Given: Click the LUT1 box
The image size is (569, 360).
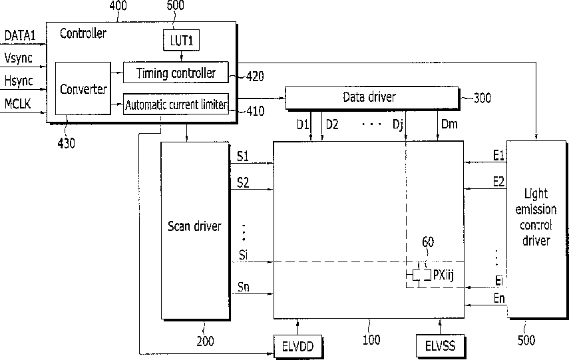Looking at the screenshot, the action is [182, 40].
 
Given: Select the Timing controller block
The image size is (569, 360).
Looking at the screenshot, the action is [176, 73].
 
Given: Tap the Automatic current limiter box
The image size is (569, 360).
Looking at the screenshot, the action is [176, 104].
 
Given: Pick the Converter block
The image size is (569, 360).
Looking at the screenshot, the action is [83, 89].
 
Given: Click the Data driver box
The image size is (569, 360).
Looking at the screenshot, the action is [372, 97].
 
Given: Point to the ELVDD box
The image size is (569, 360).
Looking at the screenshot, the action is [298, 346].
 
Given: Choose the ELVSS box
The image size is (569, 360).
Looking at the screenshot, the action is [440, 345].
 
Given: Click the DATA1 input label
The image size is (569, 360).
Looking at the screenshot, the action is [20, 35].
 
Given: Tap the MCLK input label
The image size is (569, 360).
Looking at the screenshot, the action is [18, 104].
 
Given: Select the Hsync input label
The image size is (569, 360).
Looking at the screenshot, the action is [19, 81].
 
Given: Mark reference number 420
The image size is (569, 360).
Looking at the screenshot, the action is [255, 77].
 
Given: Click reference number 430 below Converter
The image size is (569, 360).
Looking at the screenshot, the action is [66, 143].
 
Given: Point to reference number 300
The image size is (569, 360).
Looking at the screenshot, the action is [482, 98].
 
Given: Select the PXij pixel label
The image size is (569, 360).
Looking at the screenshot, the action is [443, 275].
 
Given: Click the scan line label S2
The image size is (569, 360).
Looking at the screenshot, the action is [243, 182].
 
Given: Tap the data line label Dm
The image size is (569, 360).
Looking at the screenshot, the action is [449, 124].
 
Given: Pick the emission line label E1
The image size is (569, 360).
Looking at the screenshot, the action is [498, 156].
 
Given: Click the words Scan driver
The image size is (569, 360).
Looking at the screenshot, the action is [194, 226].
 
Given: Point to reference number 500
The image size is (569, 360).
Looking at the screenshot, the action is [526, 340].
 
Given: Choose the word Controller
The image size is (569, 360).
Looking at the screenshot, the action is [83, 33].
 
